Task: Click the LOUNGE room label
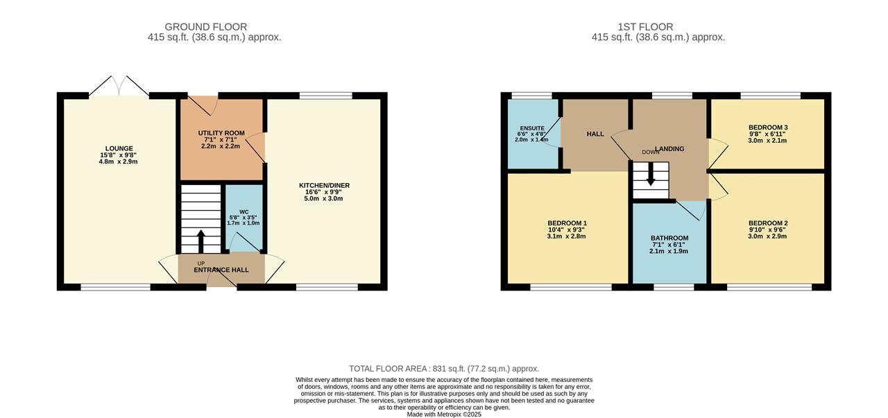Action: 119,148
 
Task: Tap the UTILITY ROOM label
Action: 221,133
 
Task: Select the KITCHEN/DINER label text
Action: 324,185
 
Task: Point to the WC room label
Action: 244,212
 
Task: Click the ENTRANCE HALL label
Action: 221,270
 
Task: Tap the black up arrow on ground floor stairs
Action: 200,241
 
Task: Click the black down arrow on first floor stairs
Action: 651,175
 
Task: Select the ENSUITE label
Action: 532,128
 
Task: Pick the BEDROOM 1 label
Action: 567,223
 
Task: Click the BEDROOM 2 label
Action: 768,223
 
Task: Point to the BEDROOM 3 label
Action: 768,128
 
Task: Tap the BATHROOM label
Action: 669,238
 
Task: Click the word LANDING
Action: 669,149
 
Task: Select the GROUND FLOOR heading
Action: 206,27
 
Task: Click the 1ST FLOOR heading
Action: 645,27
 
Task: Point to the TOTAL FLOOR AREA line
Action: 444,369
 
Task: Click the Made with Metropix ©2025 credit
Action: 444,415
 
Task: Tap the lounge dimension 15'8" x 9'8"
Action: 119,155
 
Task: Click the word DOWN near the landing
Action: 651,152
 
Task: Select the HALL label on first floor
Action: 595,134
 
